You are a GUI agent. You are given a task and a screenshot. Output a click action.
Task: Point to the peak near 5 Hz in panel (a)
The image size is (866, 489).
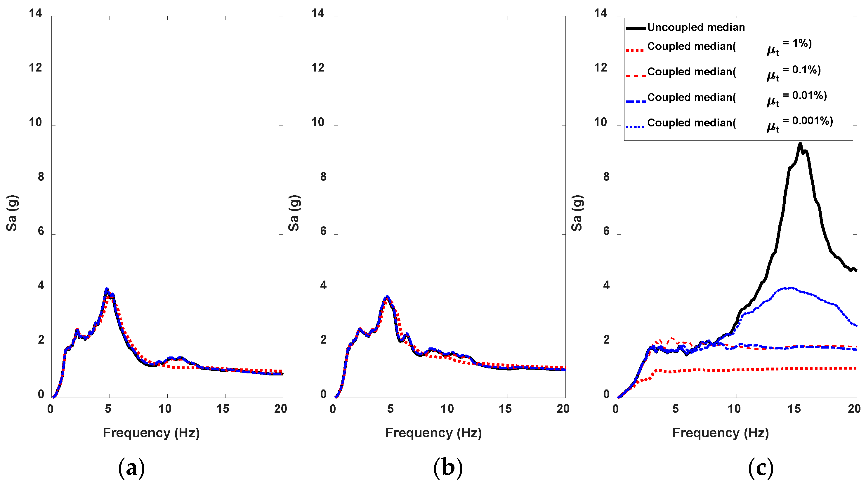(107, 289)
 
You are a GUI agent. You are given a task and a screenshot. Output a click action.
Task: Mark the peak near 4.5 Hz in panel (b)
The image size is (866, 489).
(387, 297)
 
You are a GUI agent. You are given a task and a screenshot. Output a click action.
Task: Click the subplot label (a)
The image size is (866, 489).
(131, 468)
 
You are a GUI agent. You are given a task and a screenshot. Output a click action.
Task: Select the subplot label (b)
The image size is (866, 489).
(448, 468)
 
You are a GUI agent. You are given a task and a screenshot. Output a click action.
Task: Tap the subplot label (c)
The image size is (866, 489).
(761, 468)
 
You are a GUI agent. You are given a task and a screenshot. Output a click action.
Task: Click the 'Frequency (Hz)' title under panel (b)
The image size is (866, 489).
(433, 433)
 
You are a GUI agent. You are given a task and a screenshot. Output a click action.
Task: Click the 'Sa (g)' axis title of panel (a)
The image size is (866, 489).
(12, 213)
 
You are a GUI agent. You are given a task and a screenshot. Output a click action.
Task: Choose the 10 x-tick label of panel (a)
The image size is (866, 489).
(165, 409)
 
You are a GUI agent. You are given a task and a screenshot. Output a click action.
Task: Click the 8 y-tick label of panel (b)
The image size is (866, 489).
(323, 177)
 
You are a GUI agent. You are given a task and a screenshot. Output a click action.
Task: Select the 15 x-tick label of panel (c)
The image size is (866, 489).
(794, 409)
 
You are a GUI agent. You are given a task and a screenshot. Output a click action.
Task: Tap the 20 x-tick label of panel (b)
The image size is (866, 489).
(563, 409)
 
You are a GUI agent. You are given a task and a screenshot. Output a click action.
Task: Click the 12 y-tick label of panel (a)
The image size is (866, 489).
(35, 68)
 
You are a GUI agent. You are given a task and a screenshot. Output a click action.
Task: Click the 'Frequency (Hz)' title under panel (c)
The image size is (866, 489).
(721, 433)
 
